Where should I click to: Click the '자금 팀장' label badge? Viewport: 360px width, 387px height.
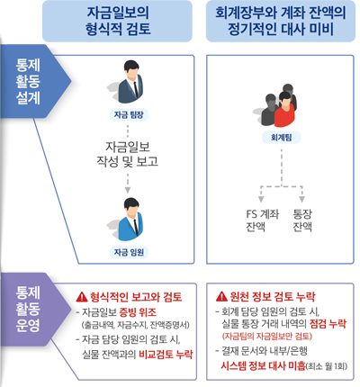[129, 114]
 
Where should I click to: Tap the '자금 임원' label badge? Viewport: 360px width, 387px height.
[129, 252]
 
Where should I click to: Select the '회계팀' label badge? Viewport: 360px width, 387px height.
[281, 138]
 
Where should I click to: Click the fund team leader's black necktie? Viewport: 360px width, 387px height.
[136, 88]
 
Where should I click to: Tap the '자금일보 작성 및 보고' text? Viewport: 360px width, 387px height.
[128, 154]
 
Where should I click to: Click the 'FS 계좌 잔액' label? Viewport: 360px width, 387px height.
[263, 220]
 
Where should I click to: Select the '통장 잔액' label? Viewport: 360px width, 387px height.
[302, 220]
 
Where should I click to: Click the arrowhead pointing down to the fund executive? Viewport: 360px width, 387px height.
[128, 190]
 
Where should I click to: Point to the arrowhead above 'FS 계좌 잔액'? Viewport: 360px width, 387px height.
[261, 199]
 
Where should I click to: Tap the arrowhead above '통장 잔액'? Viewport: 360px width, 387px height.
[301, 199]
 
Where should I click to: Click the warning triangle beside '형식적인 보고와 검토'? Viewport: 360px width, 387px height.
[82, 297]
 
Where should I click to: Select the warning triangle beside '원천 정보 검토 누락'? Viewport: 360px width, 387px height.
[221, 296]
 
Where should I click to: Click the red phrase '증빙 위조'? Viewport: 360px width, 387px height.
[138, 312]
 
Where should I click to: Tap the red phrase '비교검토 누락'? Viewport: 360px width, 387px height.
[166, 355]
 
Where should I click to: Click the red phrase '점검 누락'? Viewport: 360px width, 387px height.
[328, 324]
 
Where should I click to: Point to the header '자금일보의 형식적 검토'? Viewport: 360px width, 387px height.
[117, 21]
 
